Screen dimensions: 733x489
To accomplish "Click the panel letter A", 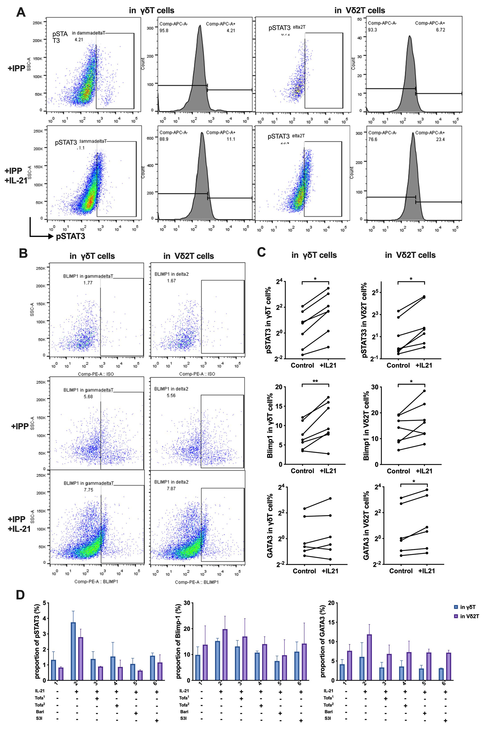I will (x=21, y=12).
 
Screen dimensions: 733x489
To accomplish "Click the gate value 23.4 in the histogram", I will (x=440, y=139).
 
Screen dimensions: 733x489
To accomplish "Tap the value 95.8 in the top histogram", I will (x=164, y=31).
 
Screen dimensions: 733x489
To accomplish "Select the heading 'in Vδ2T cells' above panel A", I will (x=360, y=10).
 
